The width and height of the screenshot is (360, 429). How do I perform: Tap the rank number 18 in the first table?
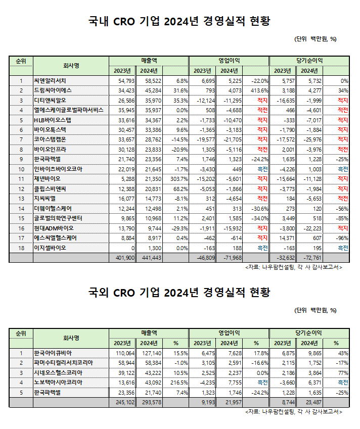point(21,248)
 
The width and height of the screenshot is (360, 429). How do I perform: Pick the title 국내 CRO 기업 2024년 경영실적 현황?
point(179,21)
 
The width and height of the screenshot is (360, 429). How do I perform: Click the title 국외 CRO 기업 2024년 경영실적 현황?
point(179,293)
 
